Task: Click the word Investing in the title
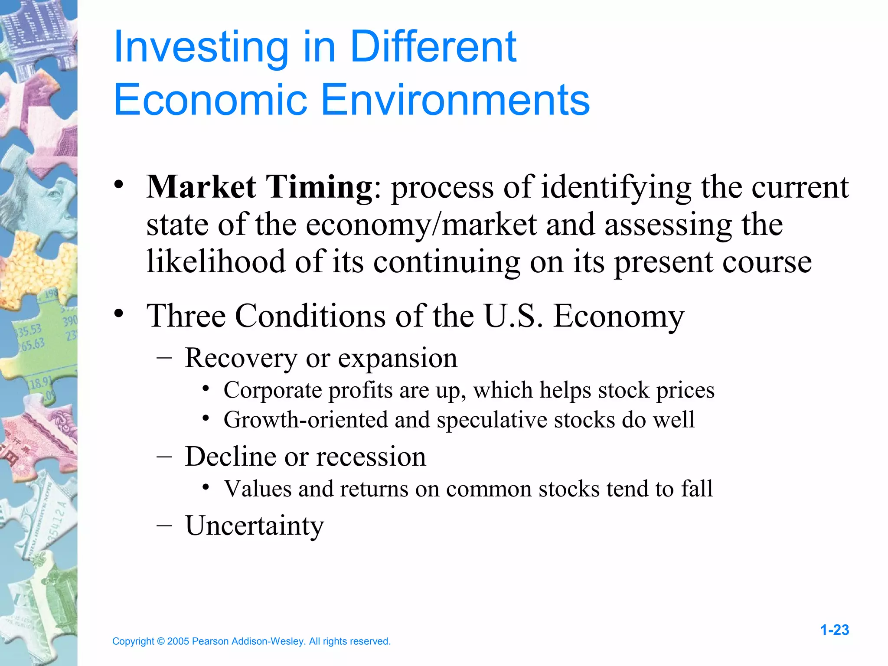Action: [201, 49]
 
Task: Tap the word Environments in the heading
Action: [455, 100]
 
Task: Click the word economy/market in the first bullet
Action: [421, 225]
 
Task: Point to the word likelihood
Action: [216, 262]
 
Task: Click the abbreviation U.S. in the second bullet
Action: [513, 316]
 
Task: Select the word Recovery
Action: [241, 358]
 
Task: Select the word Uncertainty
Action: [255, 526]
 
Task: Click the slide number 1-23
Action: [834, 630]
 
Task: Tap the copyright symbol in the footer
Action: [160, 641]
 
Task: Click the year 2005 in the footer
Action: [178, 641]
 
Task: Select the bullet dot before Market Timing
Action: [119, 186]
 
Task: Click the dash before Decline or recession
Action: [164, 457]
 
